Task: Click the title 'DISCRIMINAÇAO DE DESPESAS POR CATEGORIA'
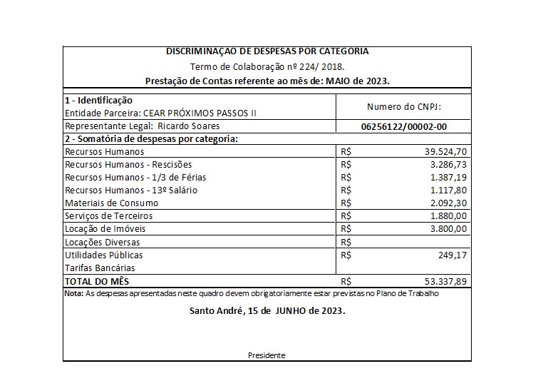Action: (x=267, y=52)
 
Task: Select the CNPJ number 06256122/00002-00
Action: (x=404, y=126)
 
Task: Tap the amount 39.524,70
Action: (x=445, y=152)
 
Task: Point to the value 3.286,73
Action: (x=448, y=165)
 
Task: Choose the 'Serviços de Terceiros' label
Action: (x=108, y=216)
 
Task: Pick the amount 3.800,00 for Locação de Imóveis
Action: (x=448, y=229)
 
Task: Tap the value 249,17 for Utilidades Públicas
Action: (x=452, y=255)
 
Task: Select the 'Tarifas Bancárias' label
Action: (x=100, y=268)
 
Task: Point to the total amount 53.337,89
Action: (x=445, y=281)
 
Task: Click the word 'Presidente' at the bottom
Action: (x=267, y=355)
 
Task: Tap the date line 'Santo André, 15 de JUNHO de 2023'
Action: (x=268, y=311)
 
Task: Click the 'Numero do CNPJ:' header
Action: (x=404, y=106)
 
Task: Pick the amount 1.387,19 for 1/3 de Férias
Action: (x=448, y=178)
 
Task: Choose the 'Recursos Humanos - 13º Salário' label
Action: (x=131, y=190)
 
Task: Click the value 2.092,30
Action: (x=448, y=203)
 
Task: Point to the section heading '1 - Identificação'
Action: (x=98, y=101)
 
